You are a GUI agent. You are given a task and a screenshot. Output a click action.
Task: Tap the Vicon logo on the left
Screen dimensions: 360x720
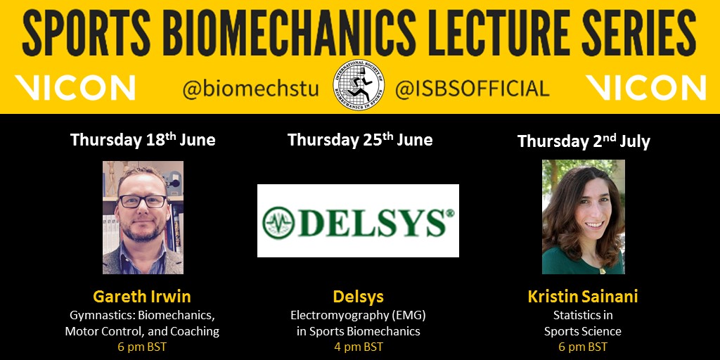pyautogui.click(x=75, y=88)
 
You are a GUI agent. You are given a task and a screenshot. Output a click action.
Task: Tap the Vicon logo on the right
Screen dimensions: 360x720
pyautogui.click(x=645, y=88)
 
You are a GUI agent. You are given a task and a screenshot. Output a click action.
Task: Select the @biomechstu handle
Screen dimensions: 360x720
pyautogui.click(x=251, y=89)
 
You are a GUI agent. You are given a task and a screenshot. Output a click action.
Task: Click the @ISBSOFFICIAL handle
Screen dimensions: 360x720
pyautogui.click(x=472, y=89)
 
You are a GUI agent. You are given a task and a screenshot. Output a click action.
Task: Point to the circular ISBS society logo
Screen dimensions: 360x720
pyautogui.click(x=359, y=84)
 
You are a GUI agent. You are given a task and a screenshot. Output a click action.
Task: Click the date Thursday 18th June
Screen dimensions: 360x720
pyautogui.click(x=143, y=140)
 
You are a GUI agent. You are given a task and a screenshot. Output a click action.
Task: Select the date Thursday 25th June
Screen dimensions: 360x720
pyautogui.click(x=360, y=140)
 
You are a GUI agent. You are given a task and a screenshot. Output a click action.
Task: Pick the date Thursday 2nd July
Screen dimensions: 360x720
pyautogui.click(x=584, y=141)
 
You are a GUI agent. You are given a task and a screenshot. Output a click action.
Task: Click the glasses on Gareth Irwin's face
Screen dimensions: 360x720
pyautogui.click(x=142, y=201)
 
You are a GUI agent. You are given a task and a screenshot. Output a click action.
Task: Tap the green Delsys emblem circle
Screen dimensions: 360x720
pyautogui.click(x=278, y=222)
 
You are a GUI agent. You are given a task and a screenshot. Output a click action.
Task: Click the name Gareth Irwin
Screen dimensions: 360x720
pyautogui.click(x=142, y=297)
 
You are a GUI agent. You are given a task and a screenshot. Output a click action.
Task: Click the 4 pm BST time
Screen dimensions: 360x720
pyautogui.click(x=358, y=347)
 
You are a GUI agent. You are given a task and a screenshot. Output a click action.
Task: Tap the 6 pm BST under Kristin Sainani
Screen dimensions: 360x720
pyautogui.click(x=583, y=347)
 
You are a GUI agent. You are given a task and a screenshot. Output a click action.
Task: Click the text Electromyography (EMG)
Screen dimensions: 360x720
pyautogui.click(x=358, y=315)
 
